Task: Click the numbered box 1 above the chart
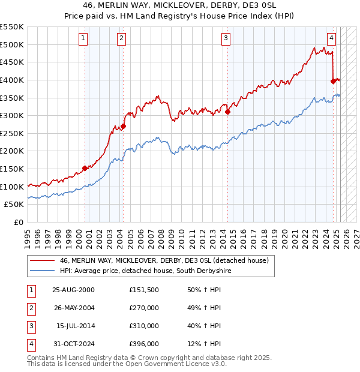point(83,38)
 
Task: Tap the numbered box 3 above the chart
point(226,38)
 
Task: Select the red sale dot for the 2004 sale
point(123,126)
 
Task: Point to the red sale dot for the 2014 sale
point(228,112)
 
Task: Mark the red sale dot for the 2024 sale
point(334,81)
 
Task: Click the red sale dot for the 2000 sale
point(85,168)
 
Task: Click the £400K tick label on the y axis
point(12,80)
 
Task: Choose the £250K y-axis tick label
point(12,133)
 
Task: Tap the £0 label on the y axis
point(18,222)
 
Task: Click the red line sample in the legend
point(43,260)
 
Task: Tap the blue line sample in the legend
point(43,271)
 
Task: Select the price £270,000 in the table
point(143,308)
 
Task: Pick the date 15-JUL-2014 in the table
point(75,326)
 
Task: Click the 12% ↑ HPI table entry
point(208,344)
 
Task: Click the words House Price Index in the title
point(235,16)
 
